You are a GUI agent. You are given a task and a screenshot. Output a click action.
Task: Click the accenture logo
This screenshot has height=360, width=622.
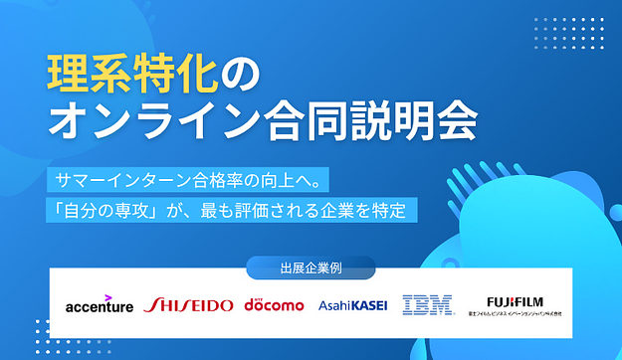[x=99, y=306]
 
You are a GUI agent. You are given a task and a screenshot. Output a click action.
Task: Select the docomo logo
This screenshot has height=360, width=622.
[x=274, y=304]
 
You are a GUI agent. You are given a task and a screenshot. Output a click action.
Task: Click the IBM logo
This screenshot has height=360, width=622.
[x=428, y=304]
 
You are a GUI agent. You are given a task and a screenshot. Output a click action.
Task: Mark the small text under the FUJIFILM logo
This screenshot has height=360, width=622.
[x=523, y=313]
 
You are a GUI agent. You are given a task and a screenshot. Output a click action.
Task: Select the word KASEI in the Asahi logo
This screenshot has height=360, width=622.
[x=368, y=305]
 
